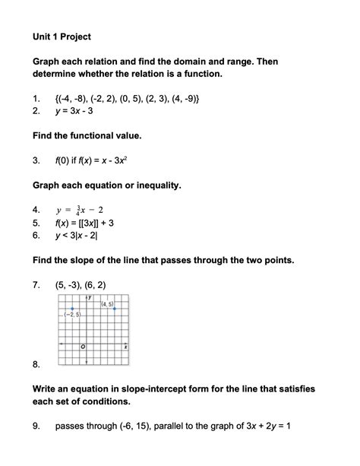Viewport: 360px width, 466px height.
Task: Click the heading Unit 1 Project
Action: [x=62, y=36]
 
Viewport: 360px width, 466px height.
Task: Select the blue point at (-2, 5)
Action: [x=71, y=308]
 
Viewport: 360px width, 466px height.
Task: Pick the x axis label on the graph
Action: [x=125, y=347]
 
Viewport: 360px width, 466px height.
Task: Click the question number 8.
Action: [x=36, y=365]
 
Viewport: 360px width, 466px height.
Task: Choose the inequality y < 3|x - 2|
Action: [x=85, y=236]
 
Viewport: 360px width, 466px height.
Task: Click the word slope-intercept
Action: [x=168, y=388]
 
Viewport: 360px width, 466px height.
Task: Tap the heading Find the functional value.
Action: [x=87, y=135]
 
